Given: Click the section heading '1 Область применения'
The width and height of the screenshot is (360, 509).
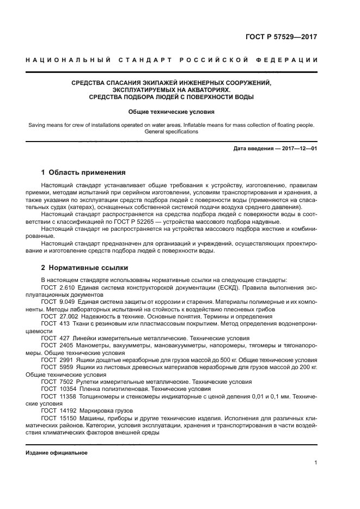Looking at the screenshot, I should [x=83, y=173].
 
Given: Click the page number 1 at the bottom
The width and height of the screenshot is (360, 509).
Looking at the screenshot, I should [x=316, y=463].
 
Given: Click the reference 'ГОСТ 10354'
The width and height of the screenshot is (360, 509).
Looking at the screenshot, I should [x=60, y=389].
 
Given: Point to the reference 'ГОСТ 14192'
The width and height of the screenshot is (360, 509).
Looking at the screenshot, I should [x=60, y=410].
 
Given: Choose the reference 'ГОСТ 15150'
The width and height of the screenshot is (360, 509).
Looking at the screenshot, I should [x=60, y=418].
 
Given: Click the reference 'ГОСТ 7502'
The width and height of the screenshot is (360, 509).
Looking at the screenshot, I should [x=58, y=382].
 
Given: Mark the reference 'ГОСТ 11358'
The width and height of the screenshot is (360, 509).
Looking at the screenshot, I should [x=60, y=396].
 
